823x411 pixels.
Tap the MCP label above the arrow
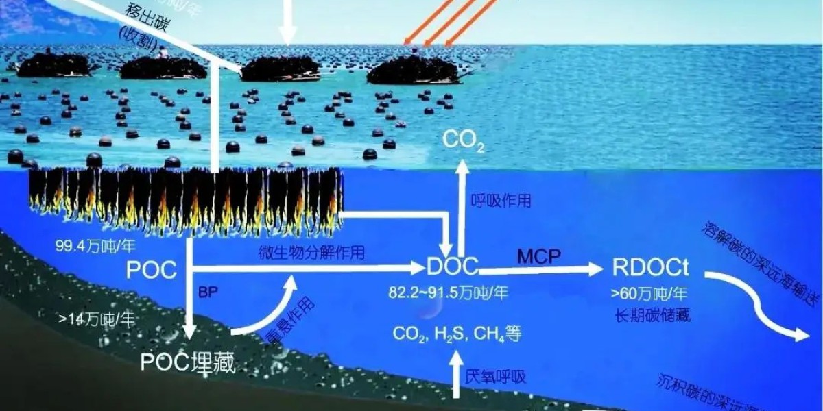pos(538,256)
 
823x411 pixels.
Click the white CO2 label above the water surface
pos(464,140)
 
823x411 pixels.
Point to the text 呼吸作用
pos(501,201)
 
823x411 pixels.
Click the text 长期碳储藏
pos(652,316)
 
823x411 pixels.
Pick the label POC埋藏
pos(187,362)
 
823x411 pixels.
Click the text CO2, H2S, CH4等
pos(457,334)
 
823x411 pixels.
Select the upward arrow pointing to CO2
pos(462,206)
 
